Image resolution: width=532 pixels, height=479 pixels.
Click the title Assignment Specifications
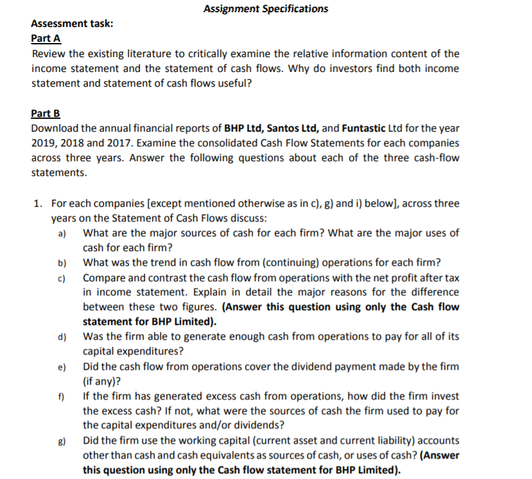pyautogui.click(x=265, y=8)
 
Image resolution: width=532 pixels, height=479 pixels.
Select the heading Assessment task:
pyautogui.click(x=73, y=23)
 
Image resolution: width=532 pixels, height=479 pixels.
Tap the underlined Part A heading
pyautogui.click(x=46, y=39)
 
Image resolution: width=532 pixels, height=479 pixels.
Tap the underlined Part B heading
pyautogui.click(x=46, y=113)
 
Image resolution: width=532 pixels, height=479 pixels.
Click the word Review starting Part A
pyautogui.click(x=50, y=53)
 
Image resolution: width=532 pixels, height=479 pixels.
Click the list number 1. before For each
pyautogui.click(x=39, y=204)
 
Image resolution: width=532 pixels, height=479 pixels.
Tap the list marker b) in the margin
pyautogui.click(x=62, y=263)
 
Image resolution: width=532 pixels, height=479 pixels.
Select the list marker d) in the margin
pyautogui.click(x=62, y=337)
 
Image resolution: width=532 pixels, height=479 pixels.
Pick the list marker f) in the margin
pyautogui.click(x=62, y=397)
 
